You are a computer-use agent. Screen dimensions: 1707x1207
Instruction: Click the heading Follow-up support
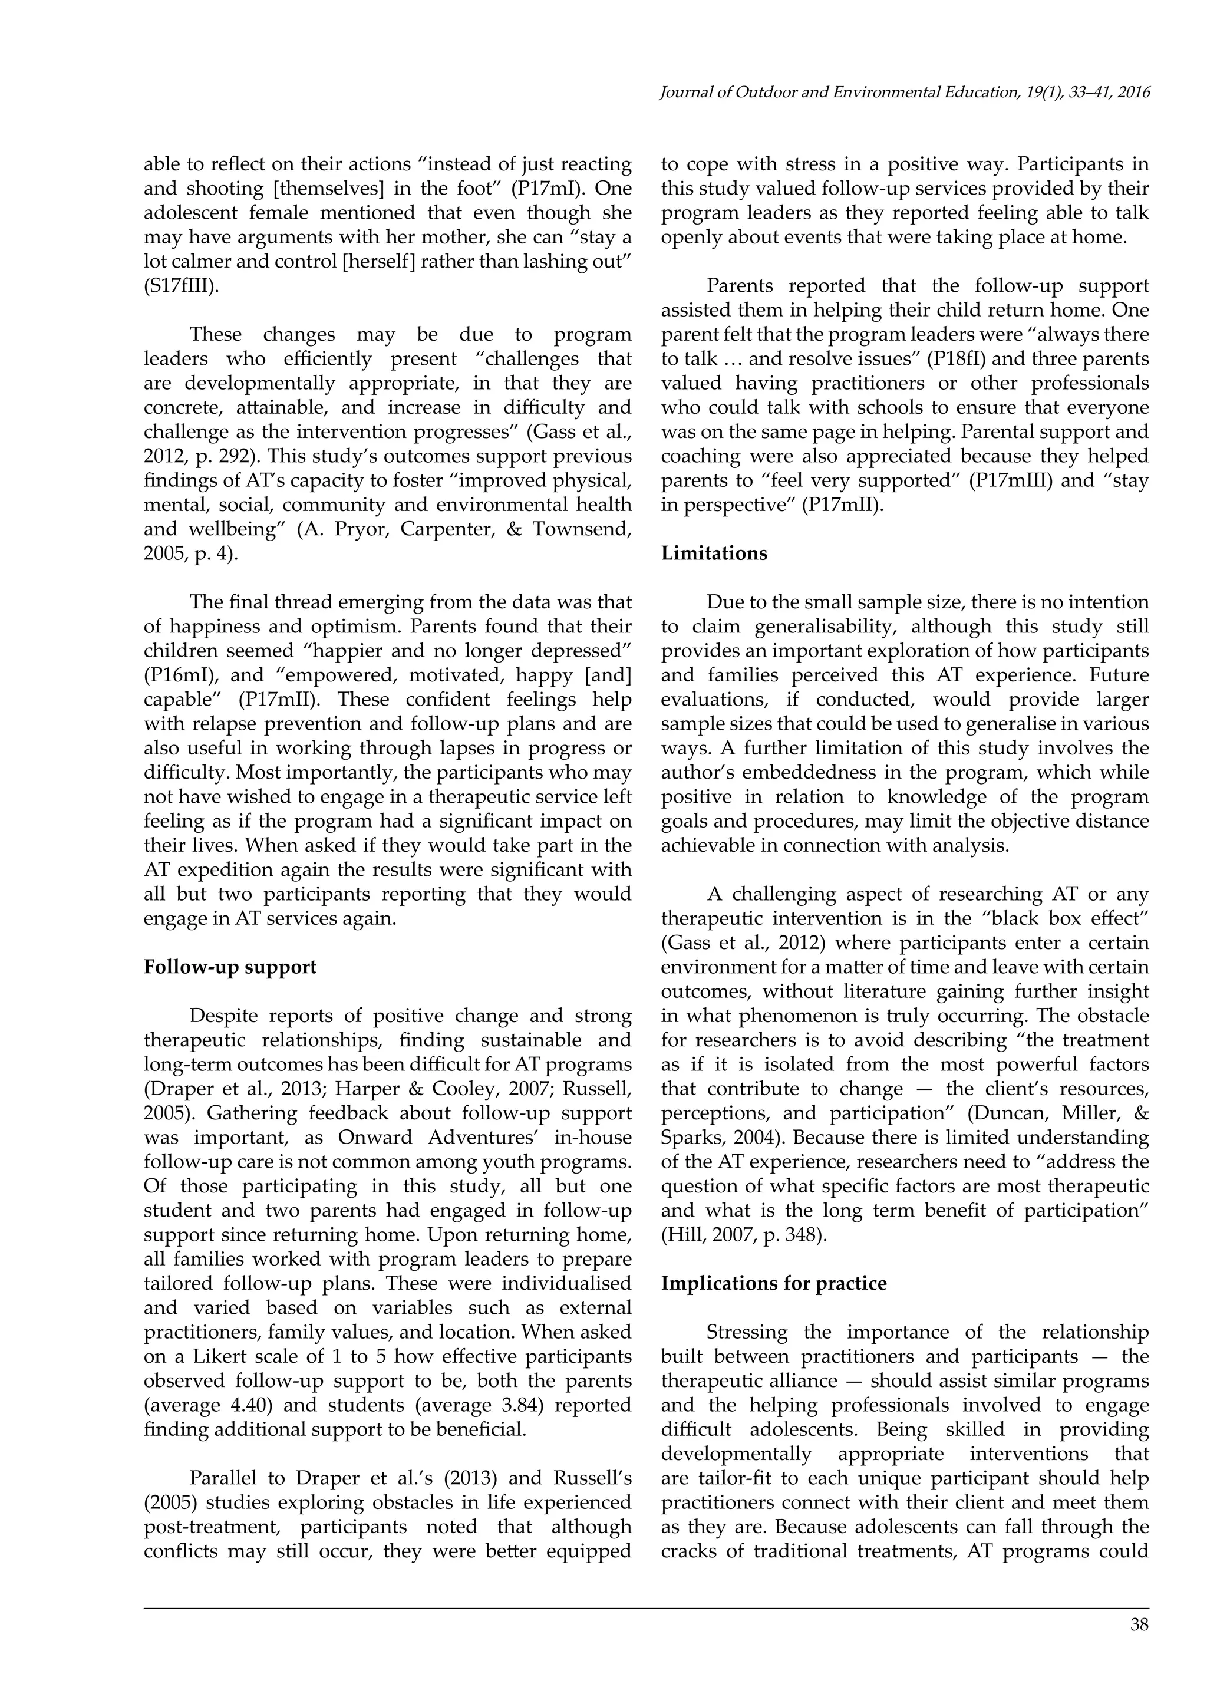(230, 967)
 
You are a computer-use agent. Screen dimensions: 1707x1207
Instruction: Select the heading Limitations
(714, 553)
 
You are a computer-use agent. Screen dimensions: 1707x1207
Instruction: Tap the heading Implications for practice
(774, 1284)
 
